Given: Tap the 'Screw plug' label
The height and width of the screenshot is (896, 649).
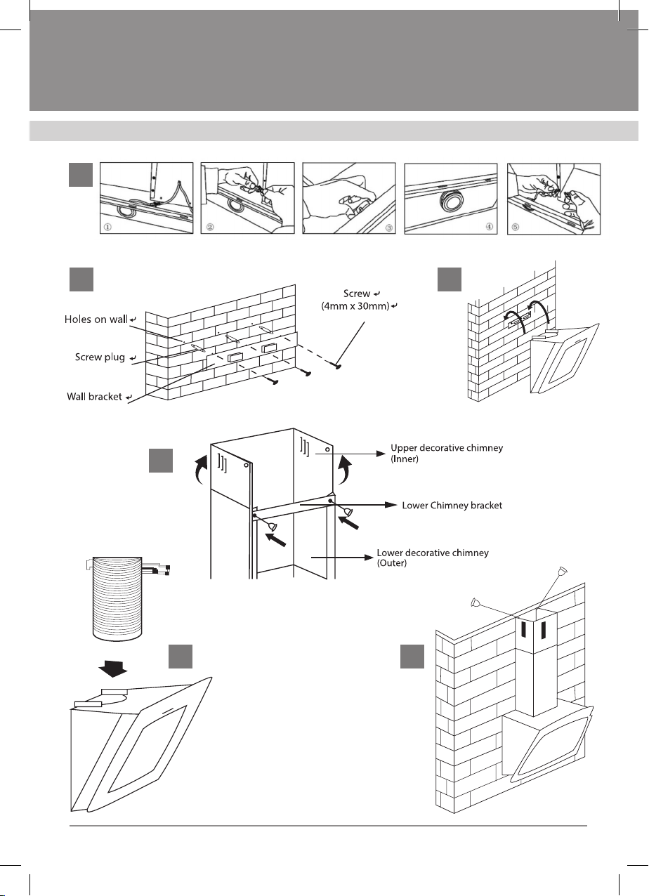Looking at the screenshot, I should pyautogui.click(x=100, y=357).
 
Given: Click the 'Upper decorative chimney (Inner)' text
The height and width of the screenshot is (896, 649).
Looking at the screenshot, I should pyautogui.click(x=446, y=453).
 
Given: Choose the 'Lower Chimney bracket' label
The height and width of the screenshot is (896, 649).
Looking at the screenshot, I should pyautogui.click(x=452, y=505).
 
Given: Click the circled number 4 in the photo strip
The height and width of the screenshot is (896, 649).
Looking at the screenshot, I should pyautogui.click(x=490, y=228).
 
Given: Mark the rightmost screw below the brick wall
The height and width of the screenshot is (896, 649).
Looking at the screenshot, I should pyautogui.click(x=338, y=364).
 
